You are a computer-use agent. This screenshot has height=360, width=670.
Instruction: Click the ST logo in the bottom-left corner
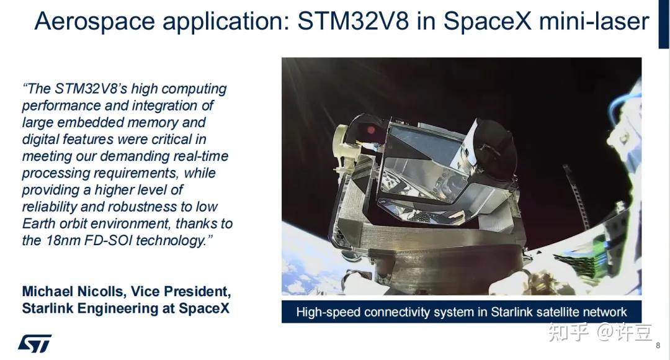coord(34,343)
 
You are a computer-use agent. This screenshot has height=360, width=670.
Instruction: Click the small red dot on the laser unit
coord(371,131)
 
